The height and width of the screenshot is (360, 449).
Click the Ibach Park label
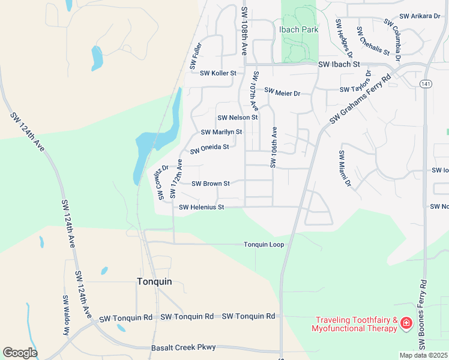(298, 29)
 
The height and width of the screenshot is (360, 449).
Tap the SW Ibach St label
(339, 64)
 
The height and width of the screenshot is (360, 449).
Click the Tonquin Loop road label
(264, 245)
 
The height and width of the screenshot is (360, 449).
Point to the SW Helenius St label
(202, 208)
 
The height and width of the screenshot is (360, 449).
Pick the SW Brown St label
(211, 184)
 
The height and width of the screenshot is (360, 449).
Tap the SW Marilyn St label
(221, 132)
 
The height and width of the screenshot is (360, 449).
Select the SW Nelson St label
(237, 118)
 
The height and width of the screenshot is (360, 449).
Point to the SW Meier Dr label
(282, 93)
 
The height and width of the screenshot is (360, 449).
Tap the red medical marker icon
(406, 324)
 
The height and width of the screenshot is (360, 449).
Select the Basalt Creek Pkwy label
(183, 347)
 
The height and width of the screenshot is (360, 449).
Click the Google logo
(20, 353)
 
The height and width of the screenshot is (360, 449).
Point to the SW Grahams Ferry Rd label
(360, 100)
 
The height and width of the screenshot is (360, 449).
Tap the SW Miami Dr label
(344, 169)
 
